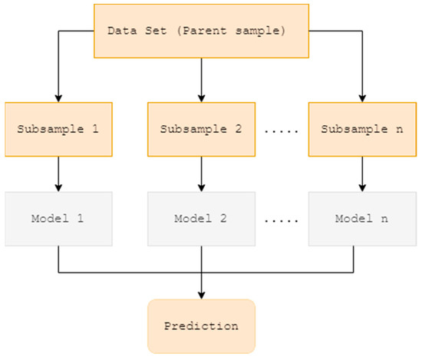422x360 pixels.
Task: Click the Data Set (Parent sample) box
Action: coord(200,30)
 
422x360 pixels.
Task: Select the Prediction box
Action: coord(201,325)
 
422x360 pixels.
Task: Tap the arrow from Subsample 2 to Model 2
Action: coord(201,172)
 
